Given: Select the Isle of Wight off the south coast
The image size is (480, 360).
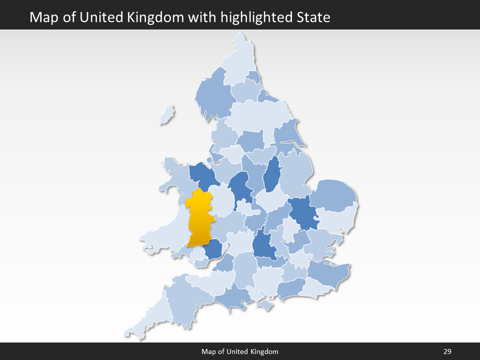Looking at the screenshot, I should click(x=265, y=304).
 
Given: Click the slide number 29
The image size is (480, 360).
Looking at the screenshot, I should click(x=447, y=351).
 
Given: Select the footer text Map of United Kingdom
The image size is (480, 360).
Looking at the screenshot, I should click(x=240, y=351).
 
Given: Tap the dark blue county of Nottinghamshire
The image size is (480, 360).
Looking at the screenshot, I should click(x=271, y=175).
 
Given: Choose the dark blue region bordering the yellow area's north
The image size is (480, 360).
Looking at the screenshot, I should click(x=202, y=175).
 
